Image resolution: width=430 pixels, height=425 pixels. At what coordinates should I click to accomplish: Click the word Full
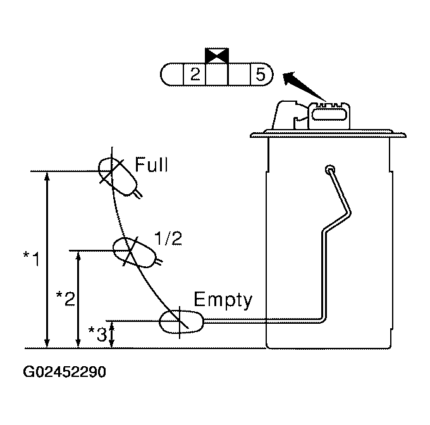pos(152,166)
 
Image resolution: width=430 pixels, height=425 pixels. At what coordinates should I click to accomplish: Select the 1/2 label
pos(168,238)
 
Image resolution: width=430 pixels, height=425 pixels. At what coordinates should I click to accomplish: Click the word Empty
pos(223,299)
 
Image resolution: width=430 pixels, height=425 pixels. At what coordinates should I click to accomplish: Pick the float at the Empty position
pos(181,322)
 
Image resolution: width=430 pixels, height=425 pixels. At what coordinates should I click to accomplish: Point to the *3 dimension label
pos(96,333)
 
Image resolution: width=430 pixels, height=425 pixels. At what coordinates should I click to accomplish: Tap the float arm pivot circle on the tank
pos(329,169)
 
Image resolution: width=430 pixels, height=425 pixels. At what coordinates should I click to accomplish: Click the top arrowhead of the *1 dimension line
pos(47,176)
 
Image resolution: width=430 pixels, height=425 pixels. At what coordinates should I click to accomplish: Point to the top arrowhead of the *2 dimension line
pos(78,256)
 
